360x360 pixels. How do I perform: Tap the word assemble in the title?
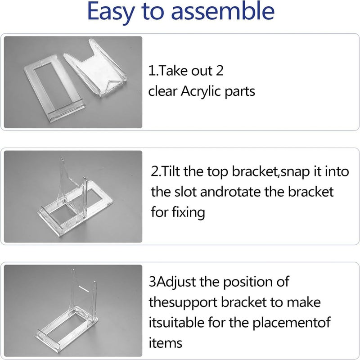(x=223, y=10)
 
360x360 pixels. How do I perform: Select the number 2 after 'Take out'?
(x=220, y=71)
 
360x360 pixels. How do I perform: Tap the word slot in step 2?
(x=185, y=192)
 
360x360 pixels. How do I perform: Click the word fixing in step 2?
(x=188, y=212)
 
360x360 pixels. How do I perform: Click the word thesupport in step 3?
(x=183, y=303)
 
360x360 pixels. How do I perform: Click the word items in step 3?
(x=165, y=343)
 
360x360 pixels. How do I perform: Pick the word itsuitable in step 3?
(x=176, y=322)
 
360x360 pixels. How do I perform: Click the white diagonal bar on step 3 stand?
(x=84, y=289)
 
